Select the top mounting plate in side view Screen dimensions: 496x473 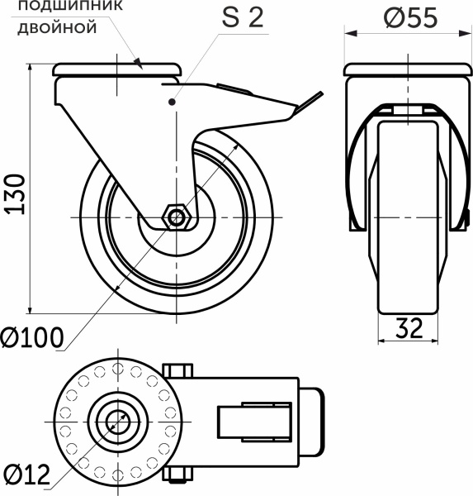point(117,69)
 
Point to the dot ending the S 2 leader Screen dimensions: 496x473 point(172,102)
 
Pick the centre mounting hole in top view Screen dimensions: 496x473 point(117,422)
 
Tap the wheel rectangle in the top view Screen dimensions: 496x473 point(254,422)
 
